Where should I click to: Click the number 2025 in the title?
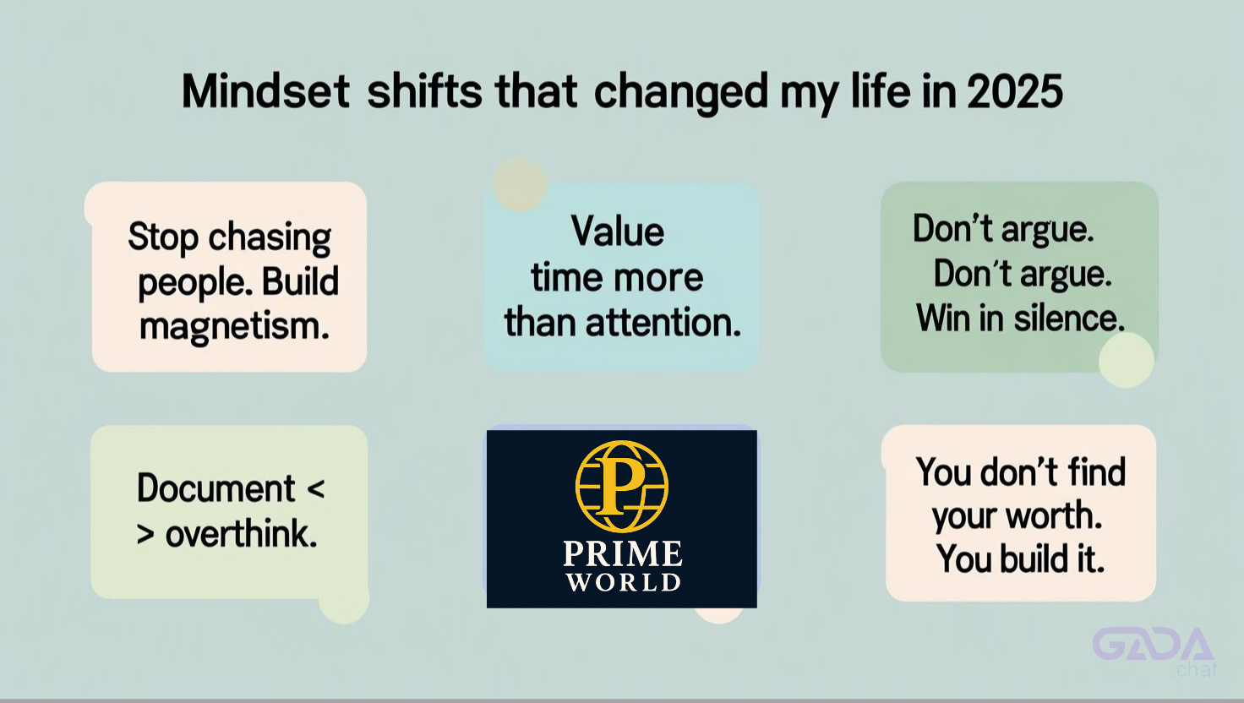[x=1015, y=91]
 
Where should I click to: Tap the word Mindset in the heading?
[x=265, y=91]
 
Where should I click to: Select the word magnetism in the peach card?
[x=234, y=327]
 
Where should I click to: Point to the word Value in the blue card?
[x=618, y=232]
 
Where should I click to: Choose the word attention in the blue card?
[x=663, y=323]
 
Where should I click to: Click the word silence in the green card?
[x=1069, y=319]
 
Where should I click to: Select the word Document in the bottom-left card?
[x=216, y=488]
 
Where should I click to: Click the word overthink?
[x=242, y=534]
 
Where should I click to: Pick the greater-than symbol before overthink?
[x=145, y=535]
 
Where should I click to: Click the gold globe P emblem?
[x=621, y=487]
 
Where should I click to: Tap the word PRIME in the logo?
[x=623, y=553]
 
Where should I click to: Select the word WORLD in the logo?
[x=623, y=582]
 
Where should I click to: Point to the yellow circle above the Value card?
[x=520, y=184]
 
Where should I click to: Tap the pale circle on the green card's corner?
[x=1127, y=360]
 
